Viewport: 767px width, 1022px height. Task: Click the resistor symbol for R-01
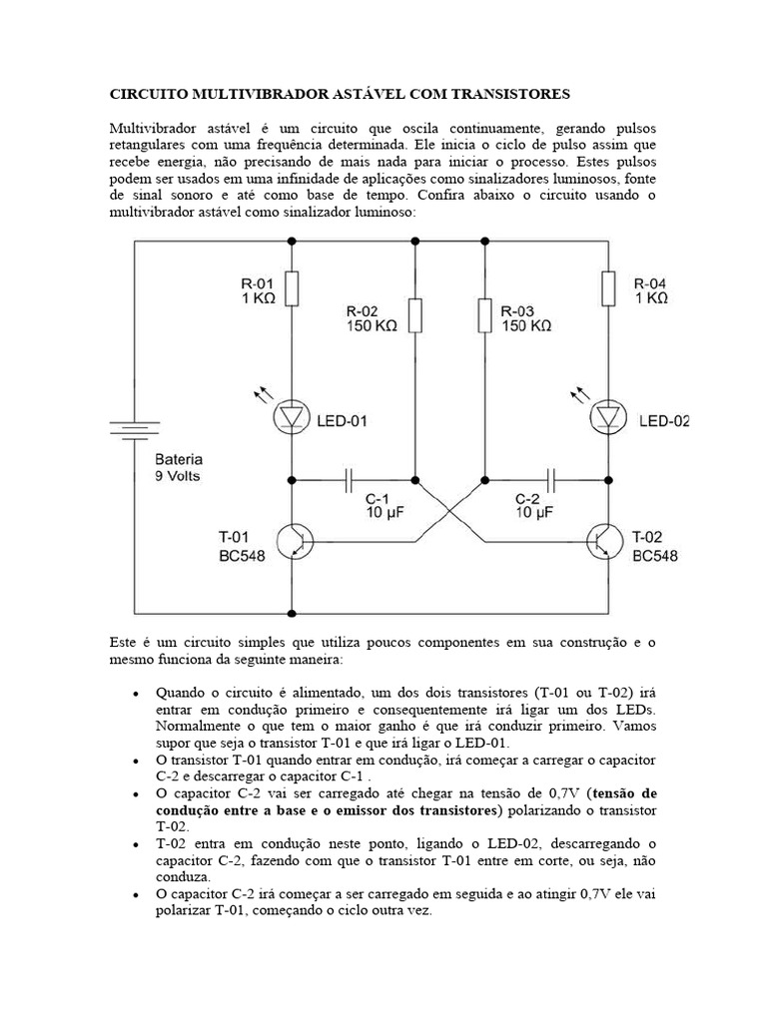[x=292, y=289]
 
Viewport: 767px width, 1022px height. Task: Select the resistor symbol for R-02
[x=414, y=315]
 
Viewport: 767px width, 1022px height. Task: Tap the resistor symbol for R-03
[x=483, y=315]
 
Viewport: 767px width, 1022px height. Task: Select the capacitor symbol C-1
[x=350, y=480]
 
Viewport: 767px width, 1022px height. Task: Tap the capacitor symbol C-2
[x=551, y=480]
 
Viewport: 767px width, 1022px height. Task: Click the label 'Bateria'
[x=178, y=460]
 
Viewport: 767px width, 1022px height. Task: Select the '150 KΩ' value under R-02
[x=373, y=326]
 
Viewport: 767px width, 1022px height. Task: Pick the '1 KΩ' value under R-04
[x=650, y=298]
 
